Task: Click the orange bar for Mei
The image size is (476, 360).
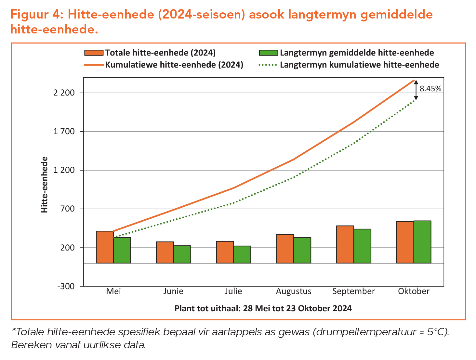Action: [x=105, y=247]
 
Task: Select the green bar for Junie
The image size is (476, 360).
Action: [x=182, y=254]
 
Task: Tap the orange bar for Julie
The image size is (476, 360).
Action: [x=225, y=252]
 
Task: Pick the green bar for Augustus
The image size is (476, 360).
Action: [x=302, y=250]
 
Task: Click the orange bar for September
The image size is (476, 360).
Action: [x=345, y=244]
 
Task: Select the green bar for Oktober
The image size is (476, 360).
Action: [x=422, y=242]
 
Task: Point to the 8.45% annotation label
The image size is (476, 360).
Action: [x=430, y=89]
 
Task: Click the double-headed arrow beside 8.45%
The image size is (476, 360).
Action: [x=416, y=90]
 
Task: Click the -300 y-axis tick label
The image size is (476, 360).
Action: [x=66, y=286]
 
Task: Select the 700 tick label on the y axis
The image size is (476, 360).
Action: [x=68, y=209]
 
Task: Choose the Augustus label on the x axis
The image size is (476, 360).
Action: [x=294, y=291]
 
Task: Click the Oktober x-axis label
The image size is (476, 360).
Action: [x=414, y=291]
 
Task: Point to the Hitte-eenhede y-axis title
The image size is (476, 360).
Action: [x=45, y=185]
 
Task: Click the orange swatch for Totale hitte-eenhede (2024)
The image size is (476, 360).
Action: [x=94, y=53]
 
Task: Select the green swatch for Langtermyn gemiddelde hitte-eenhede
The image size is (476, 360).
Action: [x=268, y=53]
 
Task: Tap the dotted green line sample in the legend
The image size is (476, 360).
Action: [x=268, y=65]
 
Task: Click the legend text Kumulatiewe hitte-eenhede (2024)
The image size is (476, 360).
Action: [x=174, y=65]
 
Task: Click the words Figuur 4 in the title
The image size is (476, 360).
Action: [x=36, y=15]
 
